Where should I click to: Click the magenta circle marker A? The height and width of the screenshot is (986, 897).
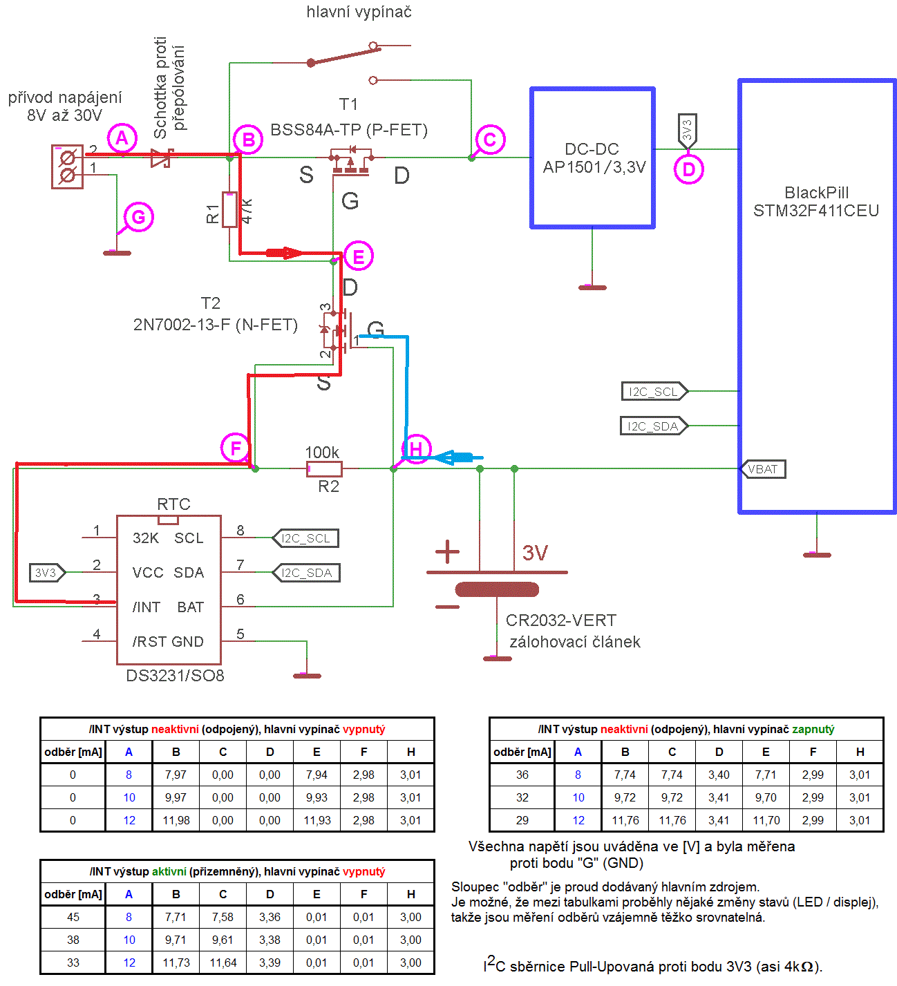tap(122, 139)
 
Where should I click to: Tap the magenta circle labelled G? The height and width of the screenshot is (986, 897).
tap(138, 217)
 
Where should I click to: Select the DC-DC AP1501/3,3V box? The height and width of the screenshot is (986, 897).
tap(592, 158)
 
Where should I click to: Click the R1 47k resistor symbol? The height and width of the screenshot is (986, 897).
tap(229, 209)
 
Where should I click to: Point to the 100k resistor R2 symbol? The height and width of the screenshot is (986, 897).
tap(324, 469)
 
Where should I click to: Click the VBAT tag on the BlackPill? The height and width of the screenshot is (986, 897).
tap(762, 469)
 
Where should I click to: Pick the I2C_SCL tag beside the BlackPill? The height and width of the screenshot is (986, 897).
tap(654, 392)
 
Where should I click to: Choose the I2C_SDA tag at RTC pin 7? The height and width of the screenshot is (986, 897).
tap(306, 573)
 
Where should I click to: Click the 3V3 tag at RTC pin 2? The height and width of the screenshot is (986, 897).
tap(46, 573)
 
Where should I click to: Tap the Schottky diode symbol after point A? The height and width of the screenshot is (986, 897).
tap(162, 158)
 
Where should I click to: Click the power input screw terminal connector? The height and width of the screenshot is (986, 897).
tap(68, 167)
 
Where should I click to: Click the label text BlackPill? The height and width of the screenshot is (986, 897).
tap(816, 193)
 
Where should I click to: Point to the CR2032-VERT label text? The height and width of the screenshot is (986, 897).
tap(560, 620)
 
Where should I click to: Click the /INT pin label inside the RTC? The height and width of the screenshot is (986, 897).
tap(147, 607)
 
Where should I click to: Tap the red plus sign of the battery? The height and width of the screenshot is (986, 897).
tap(447, 551)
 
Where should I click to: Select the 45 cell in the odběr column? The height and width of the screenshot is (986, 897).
tap(73, 917)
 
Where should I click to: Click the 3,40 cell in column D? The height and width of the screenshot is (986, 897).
tap(719, 775)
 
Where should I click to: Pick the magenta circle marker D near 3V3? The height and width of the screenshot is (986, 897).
tap(688, 169)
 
